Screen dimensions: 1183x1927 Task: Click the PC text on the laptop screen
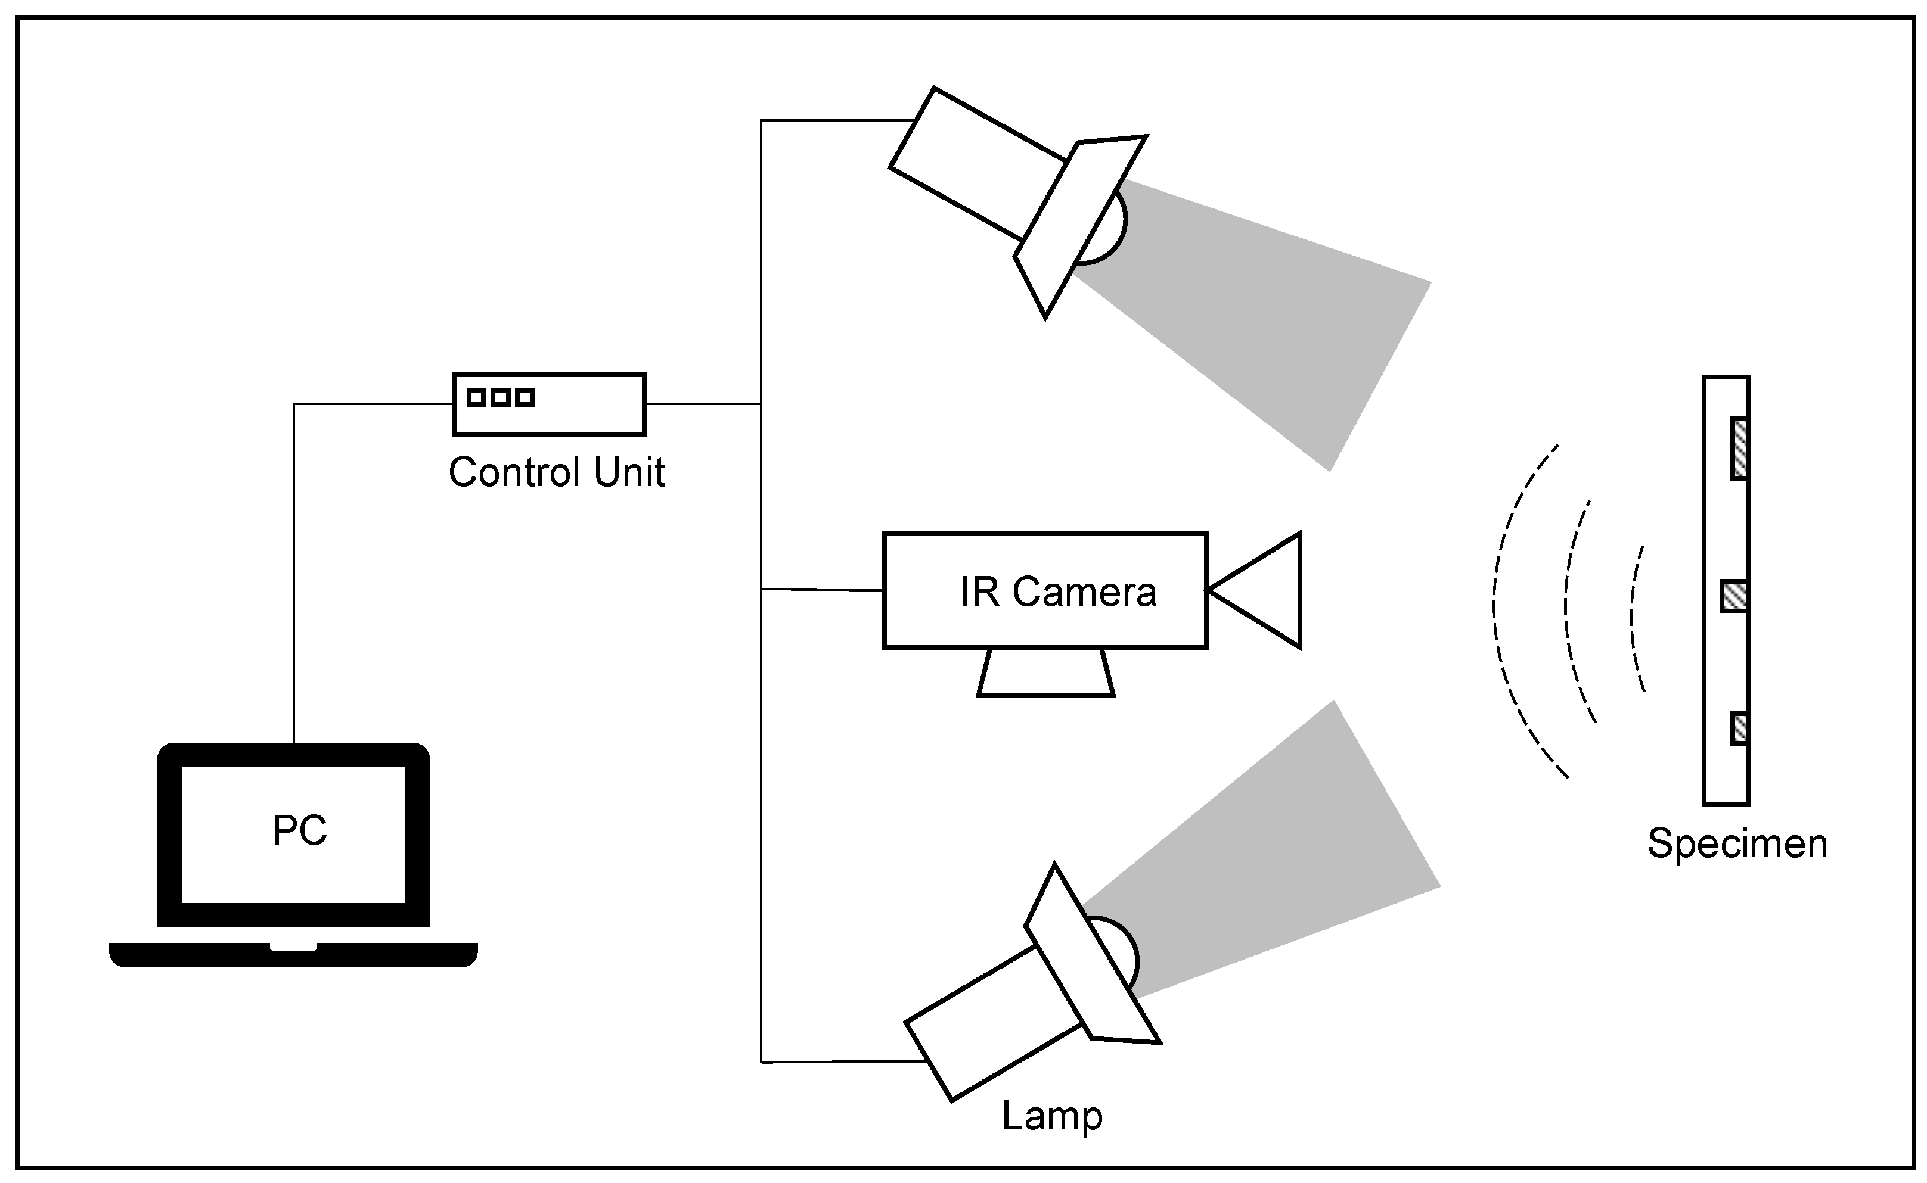pos(299,830)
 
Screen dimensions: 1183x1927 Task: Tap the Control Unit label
pos(557,472)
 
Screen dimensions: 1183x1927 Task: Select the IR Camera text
pos(1057,592)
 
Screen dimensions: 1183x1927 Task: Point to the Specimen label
pos(1737,843)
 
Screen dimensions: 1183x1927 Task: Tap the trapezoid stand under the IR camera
pos(1045,673)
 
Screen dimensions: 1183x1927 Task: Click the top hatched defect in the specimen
pos(1740,449)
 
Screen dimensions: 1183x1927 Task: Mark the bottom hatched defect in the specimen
pos(1739,729)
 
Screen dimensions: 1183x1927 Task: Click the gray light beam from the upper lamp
pos(1284,313)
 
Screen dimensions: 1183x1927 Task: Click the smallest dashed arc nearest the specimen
pos(1634,618)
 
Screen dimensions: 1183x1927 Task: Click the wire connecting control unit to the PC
pos(294,547)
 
